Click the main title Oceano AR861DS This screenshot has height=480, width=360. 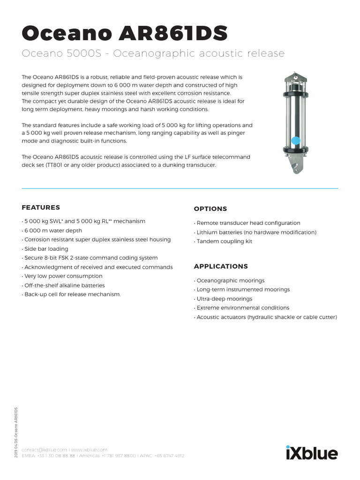click(x=125, y=34)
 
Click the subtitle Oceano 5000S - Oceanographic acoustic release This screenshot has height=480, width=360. click(x=153, y=53)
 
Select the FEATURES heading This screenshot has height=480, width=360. click(x=41, y=207)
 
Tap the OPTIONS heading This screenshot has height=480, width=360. click(x=210, y=209)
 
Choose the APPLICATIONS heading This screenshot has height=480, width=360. click(x=221, y=266)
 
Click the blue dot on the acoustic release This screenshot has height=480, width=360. click(x=295, y=140)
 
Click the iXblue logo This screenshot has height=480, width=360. click(x=311, y=453)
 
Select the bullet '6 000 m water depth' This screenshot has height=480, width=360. click(x=52, y=231)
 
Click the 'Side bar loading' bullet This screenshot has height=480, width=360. click(x=45, y=249)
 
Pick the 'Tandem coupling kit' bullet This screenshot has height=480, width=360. click(x=224, y=241)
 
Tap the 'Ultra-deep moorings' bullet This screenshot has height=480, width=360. click(x=224, y=299)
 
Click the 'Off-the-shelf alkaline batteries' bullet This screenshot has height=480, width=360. click(x=64, y=285)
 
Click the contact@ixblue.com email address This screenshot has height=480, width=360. click(x=45, y=449)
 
